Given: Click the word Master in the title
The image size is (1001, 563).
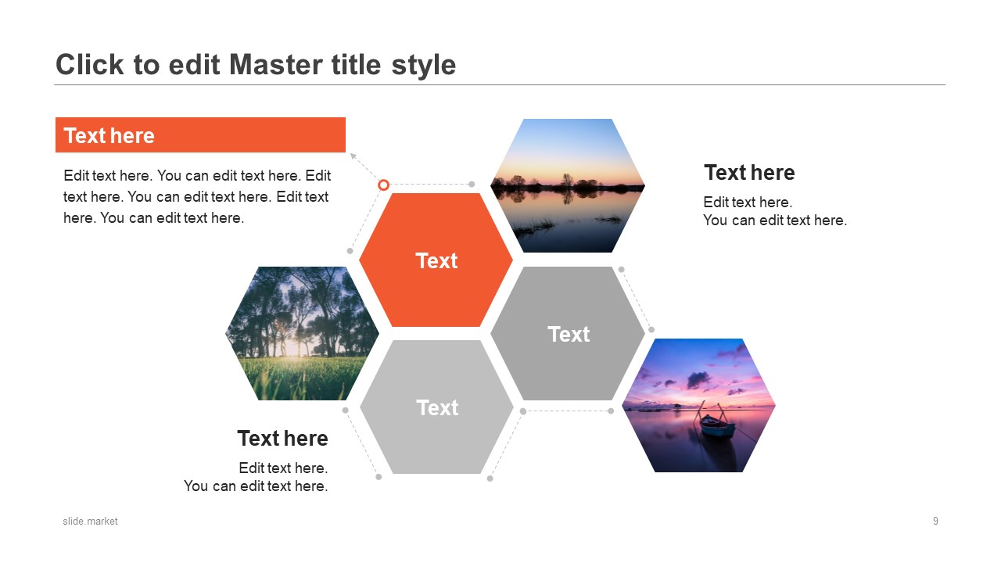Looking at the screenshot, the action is [276, 65].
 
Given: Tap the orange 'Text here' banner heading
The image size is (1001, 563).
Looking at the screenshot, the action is [200, 135].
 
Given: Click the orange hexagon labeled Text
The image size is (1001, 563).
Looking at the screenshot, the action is [436, 260].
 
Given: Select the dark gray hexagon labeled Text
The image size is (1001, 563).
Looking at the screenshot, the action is [568, 333].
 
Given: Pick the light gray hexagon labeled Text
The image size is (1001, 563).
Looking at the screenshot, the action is [436, 407].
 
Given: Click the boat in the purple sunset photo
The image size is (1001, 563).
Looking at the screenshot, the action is [716, 426].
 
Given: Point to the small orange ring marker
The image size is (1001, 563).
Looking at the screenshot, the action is [383, 185].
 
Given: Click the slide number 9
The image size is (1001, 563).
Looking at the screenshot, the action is [935, 521].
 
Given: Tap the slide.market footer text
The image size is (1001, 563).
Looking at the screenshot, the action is [90, 521].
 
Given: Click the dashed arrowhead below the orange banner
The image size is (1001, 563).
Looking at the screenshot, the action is [353, 156].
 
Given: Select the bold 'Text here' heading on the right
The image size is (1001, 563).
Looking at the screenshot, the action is [749, 173].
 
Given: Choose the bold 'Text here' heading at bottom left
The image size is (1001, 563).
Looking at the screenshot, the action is [282, 439].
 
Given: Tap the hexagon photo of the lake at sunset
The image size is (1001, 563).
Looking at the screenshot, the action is [568, 185].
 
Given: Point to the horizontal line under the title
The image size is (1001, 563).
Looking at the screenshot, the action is [500, 84].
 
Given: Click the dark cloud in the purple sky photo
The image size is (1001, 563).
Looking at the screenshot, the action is [699, 380].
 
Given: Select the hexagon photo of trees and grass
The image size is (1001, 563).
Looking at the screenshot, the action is [302, 333].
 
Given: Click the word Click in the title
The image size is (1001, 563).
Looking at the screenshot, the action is [89, 65].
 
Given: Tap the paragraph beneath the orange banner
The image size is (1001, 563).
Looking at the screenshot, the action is [197, 196].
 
